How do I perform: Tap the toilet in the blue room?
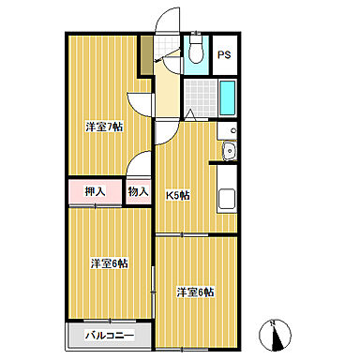(x=195, y=52)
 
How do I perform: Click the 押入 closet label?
(x=95, y=192)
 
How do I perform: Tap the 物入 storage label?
(x=139, y=192)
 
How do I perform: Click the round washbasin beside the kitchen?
(x=227, y=153)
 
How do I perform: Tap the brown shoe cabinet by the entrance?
(x=145, y=57)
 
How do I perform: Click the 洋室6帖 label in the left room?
(x=109, y=262)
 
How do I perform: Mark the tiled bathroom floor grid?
(x=200, y=96)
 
